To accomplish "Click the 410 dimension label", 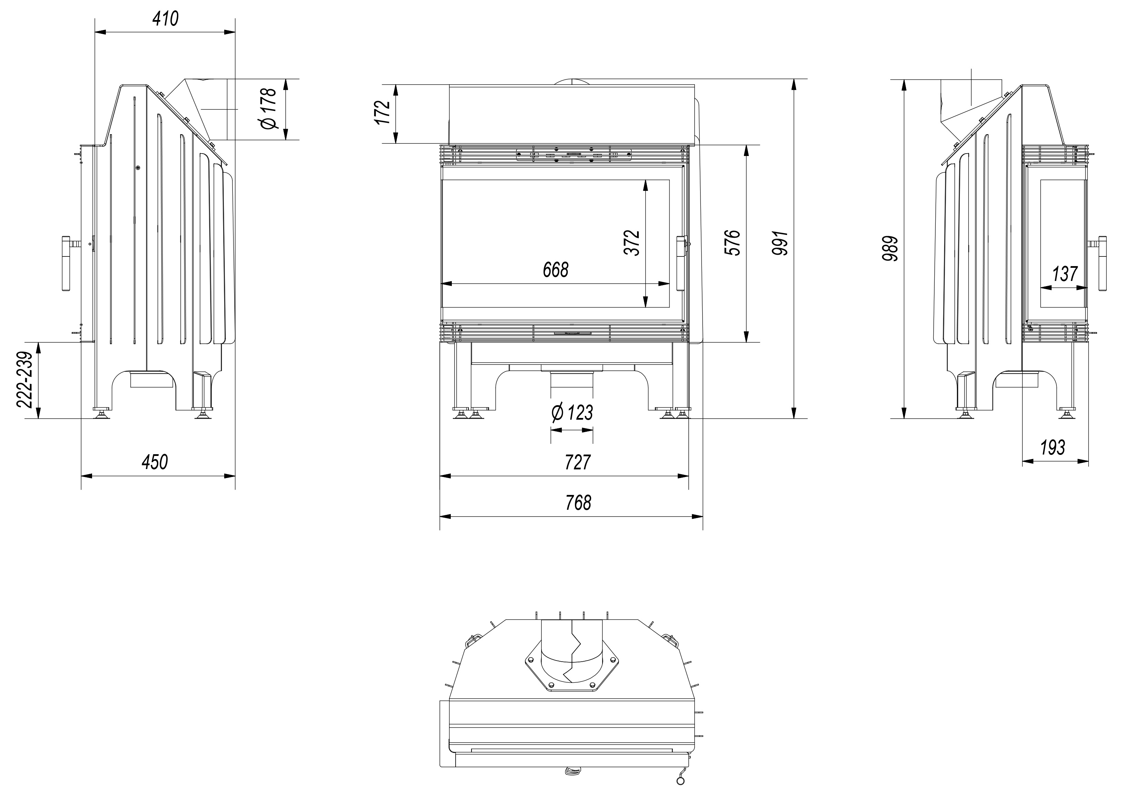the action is click(165, 19).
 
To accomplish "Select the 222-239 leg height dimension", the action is click(25, 380).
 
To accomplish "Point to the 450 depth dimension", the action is click(155, 462).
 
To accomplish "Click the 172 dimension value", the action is click(383, 113).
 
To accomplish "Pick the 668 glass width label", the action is click(556, 270).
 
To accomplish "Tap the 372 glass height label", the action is click(632, 243).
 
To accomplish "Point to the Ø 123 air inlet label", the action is click(572, 412).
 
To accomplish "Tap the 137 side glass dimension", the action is click(1065, 273).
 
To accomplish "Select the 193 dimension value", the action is click(1052, 448).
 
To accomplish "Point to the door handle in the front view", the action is click(682, 263).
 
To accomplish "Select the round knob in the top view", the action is click(680, 781).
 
